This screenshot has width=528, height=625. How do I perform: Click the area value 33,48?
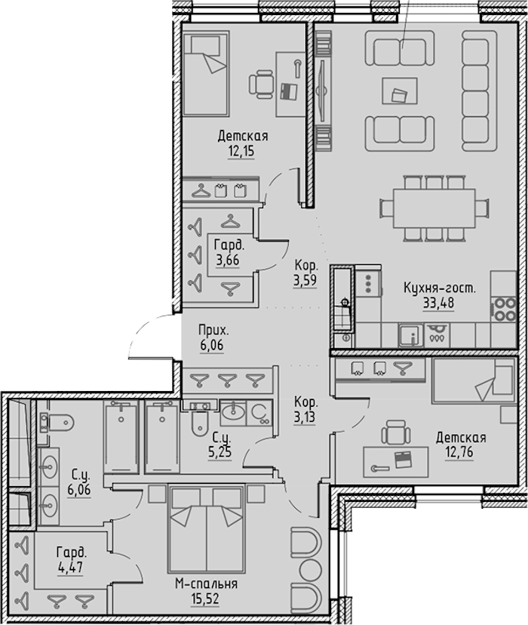point(438,303)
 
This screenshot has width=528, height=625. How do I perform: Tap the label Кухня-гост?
point(440,288)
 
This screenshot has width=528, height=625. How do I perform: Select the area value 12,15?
point(241,152)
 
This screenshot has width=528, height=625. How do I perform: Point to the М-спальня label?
point(206,584)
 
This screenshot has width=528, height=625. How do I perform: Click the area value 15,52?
point(205,599)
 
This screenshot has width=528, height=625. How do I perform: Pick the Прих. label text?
point(213,331)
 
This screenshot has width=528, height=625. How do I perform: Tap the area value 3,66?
point(228,260)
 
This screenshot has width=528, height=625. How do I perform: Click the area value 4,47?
point(70,567)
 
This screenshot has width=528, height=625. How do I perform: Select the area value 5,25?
point(219,452)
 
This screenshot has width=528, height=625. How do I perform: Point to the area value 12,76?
point(459,453)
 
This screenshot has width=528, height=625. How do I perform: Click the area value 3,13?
point(305,417)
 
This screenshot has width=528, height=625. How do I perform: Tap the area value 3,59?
point(305,281)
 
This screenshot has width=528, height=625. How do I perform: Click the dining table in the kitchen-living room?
point(434,208)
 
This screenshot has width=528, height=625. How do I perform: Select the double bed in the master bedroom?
point(206,528)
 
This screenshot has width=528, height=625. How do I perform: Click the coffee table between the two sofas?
point(400,91)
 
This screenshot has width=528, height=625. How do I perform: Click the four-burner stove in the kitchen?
point(505,309)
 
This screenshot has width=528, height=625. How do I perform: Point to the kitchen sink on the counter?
point(410,335)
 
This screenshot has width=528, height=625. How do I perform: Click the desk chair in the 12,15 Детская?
point(262,84)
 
